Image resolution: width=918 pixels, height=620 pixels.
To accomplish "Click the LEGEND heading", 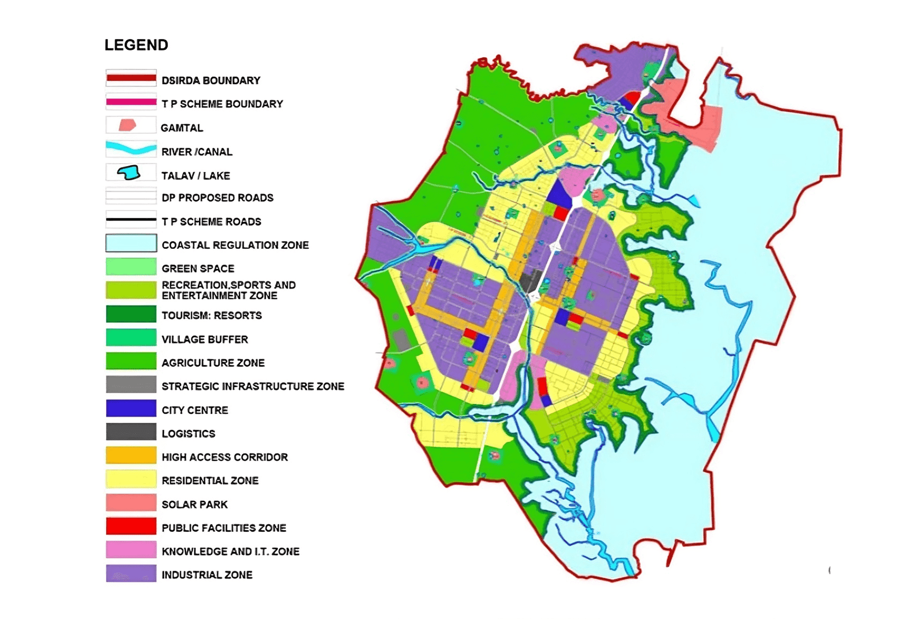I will (136, 45).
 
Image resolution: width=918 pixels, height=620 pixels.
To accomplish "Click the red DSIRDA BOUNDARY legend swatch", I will (131, 79).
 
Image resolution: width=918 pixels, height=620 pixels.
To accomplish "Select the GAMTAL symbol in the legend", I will (127, 125).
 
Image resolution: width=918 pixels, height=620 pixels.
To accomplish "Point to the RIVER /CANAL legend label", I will (197, 152).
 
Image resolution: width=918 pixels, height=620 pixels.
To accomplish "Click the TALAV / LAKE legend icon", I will (129, 173).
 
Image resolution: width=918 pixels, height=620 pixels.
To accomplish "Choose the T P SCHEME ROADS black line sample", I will (131, 220).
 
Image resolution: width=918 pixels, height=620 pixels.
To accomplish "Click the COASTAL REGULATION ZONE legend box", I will (131, 243).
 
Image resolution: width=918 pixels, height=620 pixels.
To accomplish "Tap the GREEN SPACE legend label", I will (198, 269).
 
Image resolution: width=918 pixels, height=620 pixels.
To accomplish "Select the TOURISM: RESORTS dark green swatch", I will (131, 314).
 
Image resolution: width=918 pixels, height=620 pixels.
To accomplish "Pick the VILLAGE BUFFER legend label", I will (205, 340).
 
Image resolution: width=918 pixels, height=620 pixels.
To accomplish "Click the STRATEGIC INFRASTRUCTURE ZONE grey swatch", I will (131, 384).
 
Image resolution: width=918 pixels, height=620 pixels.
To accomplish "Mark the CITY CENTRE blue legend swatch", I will (131, 408).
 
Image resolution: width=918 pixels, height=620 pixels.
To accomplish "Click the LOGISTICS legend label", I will (188, 434).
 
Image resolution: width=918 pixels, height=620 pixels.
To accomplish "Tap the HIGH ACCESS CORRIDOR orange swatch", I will (131, 455).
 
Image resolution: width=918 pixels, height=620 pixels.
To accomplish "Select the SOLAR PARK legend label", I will (194, 505).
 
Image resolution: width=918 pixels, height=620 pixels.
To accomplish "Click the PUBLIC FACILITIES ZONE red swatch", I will (131, 526).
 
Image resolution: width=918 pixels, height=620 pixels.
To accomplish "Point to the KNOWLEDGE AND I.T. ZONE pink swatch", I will (131, 550).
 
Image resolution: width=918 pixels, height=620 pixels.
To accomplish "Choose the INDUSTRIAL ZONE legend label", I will (207, 575).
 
